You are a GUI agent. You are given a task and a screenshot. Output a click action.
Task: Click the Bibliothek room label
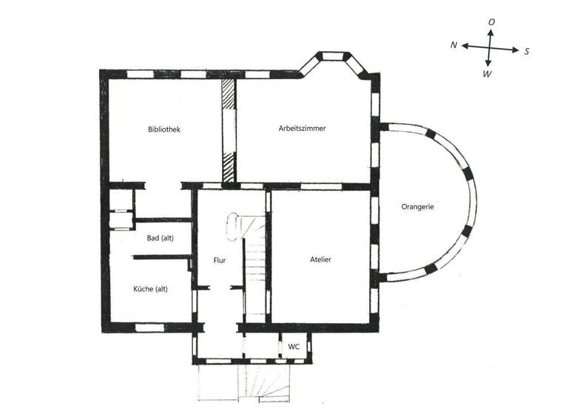coord(164,129)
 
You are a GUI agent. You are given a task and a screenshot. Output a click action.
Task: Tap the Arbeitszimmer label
coord(302,129)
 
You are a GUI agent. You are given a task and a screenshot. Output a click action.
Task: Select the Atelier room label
coord(320,259)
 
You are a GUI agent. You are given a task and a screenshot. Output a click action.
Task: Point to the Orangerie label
coord(417,207)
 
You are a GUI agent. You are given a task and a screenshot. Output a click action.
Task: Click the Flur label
coord(219,260)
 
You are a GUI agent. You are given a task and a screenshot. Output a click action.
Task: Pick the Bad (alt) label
coord(160,237)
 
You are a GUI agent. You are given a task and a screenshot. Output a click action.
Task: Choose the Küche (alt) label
coord(151,288)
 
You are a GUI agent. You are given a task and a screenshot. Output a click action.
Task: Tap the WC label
coord(294,346)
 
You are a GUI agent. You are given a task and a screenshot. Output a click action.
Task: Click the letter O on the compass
coord(491,23)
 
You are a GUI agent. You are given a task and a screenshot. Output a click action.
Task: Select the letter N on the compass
coord(454,45)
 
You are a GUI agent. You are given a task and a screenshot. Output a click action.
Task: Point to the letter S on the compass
coord(527,51)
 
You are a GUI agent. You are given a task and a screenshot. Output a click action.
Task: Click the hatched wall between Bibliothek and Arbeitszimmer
coord(229,129)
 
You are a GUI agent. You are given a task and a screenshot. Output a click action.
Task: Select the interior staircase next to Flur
coord(256,266)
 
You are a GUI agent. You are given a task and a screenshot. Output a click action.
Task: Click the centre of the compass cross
coord(489,48)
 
